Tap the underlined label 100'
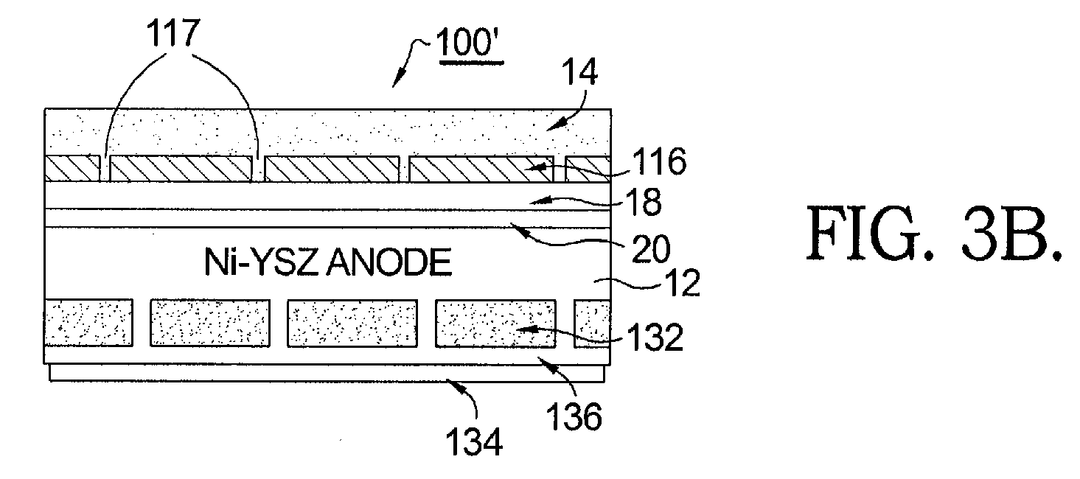point(470,43)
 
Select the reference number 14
point(580,71)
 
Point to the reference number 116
point(659,161)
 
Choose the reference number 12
point(682,283)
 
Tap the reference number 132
point(655,337)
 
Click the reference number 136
point(574,416)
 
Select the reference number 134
point(474,442)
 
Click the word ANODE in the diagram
point(391,262)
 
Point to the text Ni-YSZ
point(265,262)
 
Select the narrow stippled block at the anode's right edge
point(592,324)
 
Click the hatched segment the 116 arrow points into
point(481,169)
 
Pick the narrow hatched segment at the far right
point(588,169)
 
